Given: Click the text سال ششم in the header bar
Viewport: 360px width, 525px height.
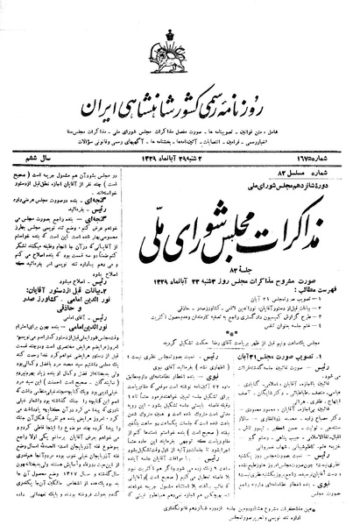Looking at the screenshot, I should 35,155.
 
